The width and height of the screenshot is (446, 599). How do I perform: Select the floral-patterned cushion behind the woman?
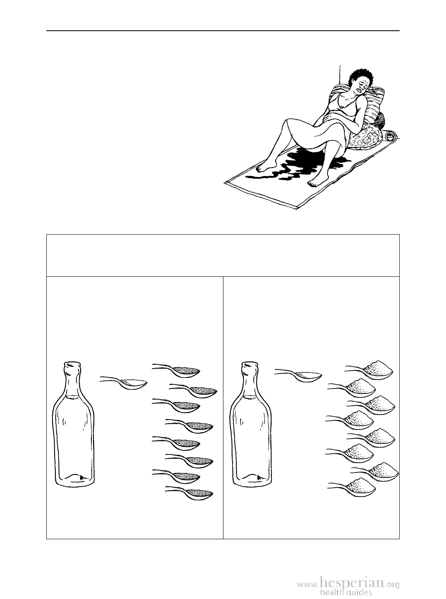click(x=365, y=138)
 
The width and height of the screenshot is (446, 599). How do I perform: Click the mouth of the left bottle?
click(x=73, y=365)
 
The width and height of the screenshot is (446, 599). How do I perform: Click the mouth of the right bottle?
click(x=250, y=365)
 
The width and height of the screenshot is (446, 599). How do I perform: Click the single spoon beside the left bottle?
click(x=124, y=383)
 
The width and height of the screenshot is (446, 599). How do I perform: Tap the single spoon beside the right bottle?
click(x=298, y=374)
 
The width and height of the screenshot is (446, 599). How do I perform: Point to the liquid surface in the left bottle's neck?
click(x=72, y=397)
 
